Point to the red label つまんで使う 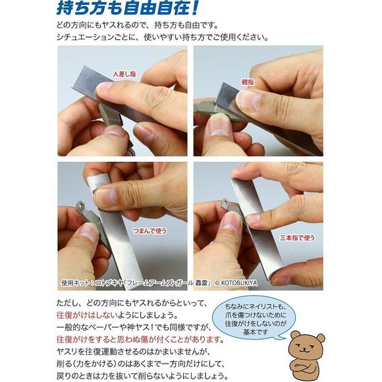coord(150,231)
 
